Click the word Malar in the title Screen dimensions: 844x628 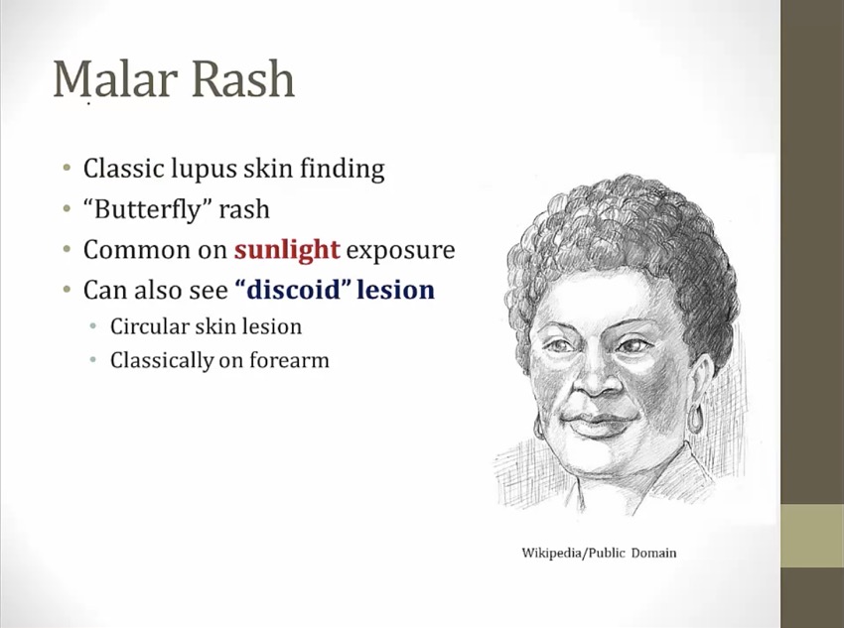(x=115, y=78)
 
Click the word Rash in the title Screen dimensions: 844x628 (x=243, y=78)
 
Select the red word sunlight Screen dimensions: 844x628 (x=287, y=249)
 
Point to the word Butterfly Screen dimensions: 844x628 (x=145, y=208)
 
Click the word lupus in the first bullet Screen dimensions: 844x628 (x=204, y=169)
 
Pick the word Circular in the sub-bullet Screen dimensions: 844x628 (x=145, y=326)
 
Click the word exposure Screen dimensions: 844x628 (x=400, y=251)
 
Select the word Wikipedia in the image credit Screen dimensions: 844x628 (x=552, y=553)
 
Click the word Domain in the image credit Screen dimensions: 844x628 (x=653, y=553)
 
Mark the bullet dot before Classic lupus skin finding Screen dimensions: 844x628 (x=67, y=168)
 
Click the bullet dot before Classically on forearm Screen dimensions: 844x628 (x=93, y=360)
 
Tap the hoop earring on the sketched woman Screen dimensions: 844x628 (x=695, y=419)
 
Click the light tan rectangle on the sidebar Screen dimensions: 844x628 (x=812, y=535)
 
